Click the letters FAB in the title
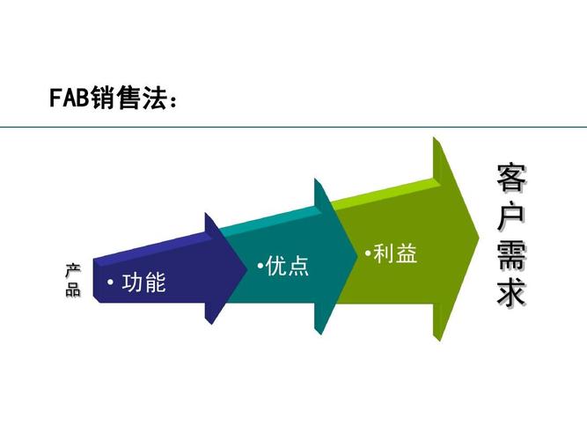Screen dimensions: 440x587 (x=70, y=99)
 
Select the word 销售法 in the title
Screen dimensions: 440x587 (x=128, y=99)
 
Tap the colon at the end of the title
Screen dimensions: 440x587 (x=173, y=103)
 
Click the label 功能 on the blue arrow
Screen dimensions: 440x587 (x=143, y=283)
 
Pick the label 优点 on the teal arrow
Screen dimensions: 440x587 (x=288, y=266)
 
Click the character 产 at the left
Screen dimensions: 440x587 (x=72, y=270)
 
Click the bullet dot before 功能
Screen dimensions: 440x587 (x=110, y=283)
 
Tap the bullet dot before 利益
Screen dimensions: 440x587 (x=366, y=253)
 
